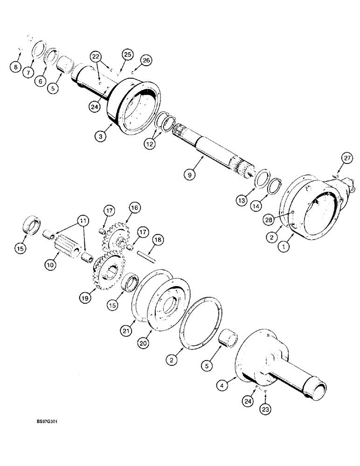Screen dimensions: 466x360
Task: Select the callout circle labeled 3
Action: (99, 137)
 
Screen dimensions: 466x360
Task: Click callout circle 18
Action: (158, 240)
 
